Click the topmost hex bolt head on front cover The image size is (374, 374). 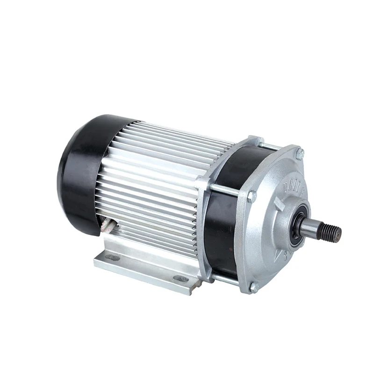pos(300,153)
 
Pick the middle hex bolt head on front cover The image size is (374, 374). pos(252,196)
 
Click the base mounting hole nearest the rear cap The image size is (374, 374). pos(113,257)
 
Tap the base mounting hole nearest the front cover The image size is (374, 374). pos(182,279)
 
